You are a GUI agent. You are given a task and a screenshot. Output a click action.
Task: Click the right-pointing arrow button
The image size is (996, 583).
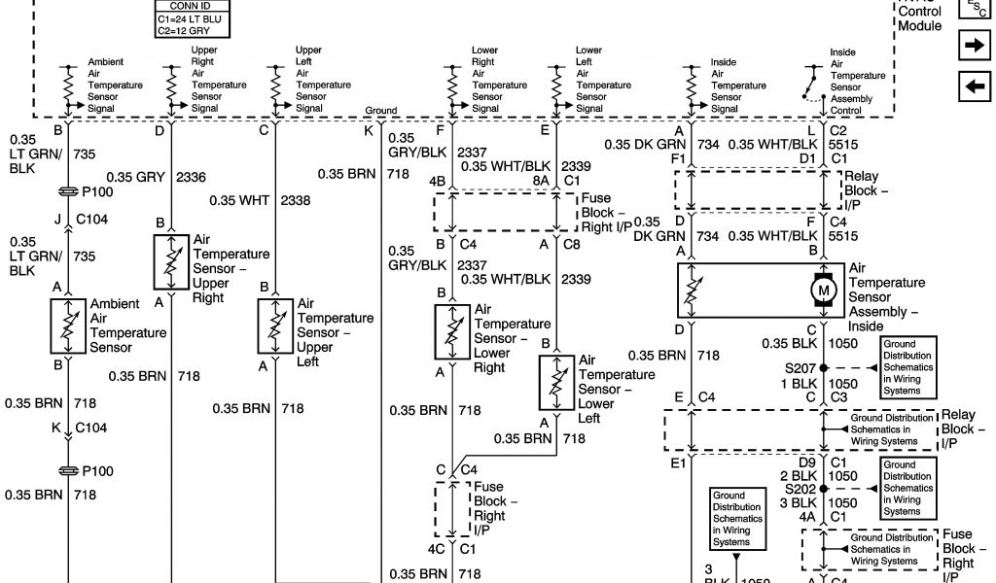[974, 45]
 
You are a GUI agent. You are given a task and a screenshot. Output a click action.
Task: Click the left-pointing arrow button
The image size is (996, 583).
[974, 87]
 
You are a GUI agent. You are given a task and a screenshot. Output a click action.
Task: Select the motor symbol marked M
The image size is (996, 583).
[824, 290]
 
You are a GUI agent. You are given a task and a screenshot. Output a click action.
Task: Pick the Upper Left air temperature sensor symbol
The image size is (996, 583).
[275, 326]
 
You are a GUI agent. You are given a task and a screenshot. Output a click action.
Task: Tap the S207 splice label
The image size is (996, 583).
[800, 368]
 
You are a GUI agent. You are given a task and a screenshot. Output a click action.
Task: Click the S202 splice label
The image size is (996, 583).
[800, 489]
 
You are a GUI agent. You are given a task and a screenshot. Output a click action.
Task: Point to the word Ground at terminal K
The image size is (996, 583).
[381, 111]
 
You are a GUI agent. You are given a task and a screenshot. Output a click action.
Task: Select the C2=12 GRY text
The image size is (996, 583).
[183, 31]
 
